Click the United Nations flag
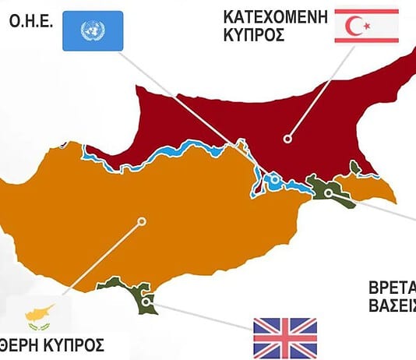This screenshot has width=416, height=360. (92, 30)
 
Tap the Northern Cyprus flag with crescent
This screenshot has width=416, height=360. (366, 26)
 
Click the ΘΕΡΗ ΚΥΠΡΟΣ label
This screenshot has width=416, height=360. (51, 344)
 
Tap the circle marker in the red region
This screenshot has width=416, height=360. (287, 138)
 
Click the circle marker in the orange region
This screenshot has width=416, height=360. (141, 221)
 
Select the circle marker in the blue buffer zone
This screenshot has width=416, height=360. (274, 180)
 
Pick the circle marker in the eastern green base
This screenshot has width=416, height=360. (329, 192)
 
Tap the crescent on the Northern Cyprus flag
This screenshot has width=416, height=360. (361, 26)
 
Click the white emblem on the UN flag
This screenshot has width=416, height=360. (92, 30)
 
